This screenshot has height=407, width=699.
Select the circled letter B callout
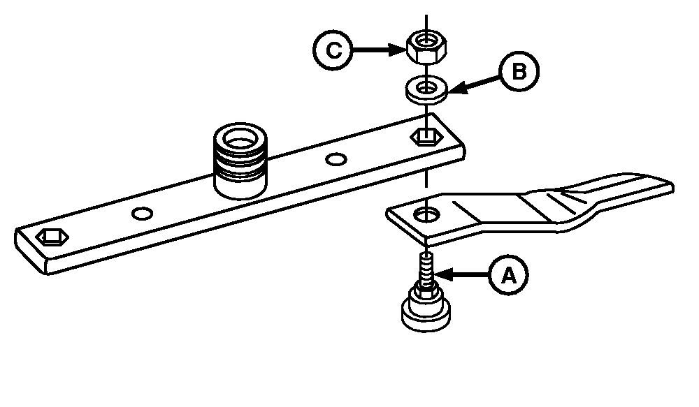point(519,73)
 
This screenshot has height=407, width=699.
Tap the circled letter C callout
point(331,50)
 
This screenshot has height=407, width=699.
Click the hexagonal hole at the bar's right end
point(425,135)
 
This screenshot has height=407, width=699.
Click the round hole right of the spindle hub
point(336,160)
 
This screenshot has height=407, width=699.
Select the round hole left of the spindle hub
point(143,212)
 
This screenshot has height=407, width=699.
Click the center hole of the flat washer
point(424,87)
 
